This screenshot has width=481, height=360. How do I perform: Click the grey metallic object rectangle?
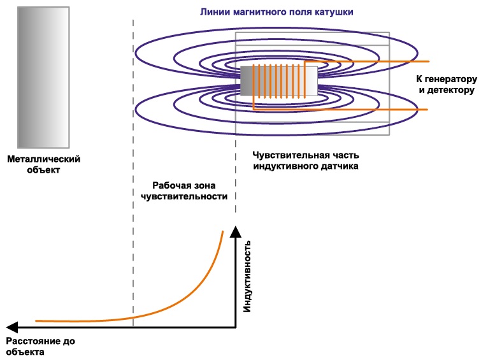click(x=43, y=78)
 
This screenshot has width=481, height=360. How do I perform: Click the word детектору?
click(x=450, y=91)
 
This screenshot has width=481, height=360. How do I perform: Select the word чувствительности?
click(x=184, y=197)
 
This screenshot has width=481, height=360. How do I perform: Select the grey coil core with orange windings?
click(x=278, y=82)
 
